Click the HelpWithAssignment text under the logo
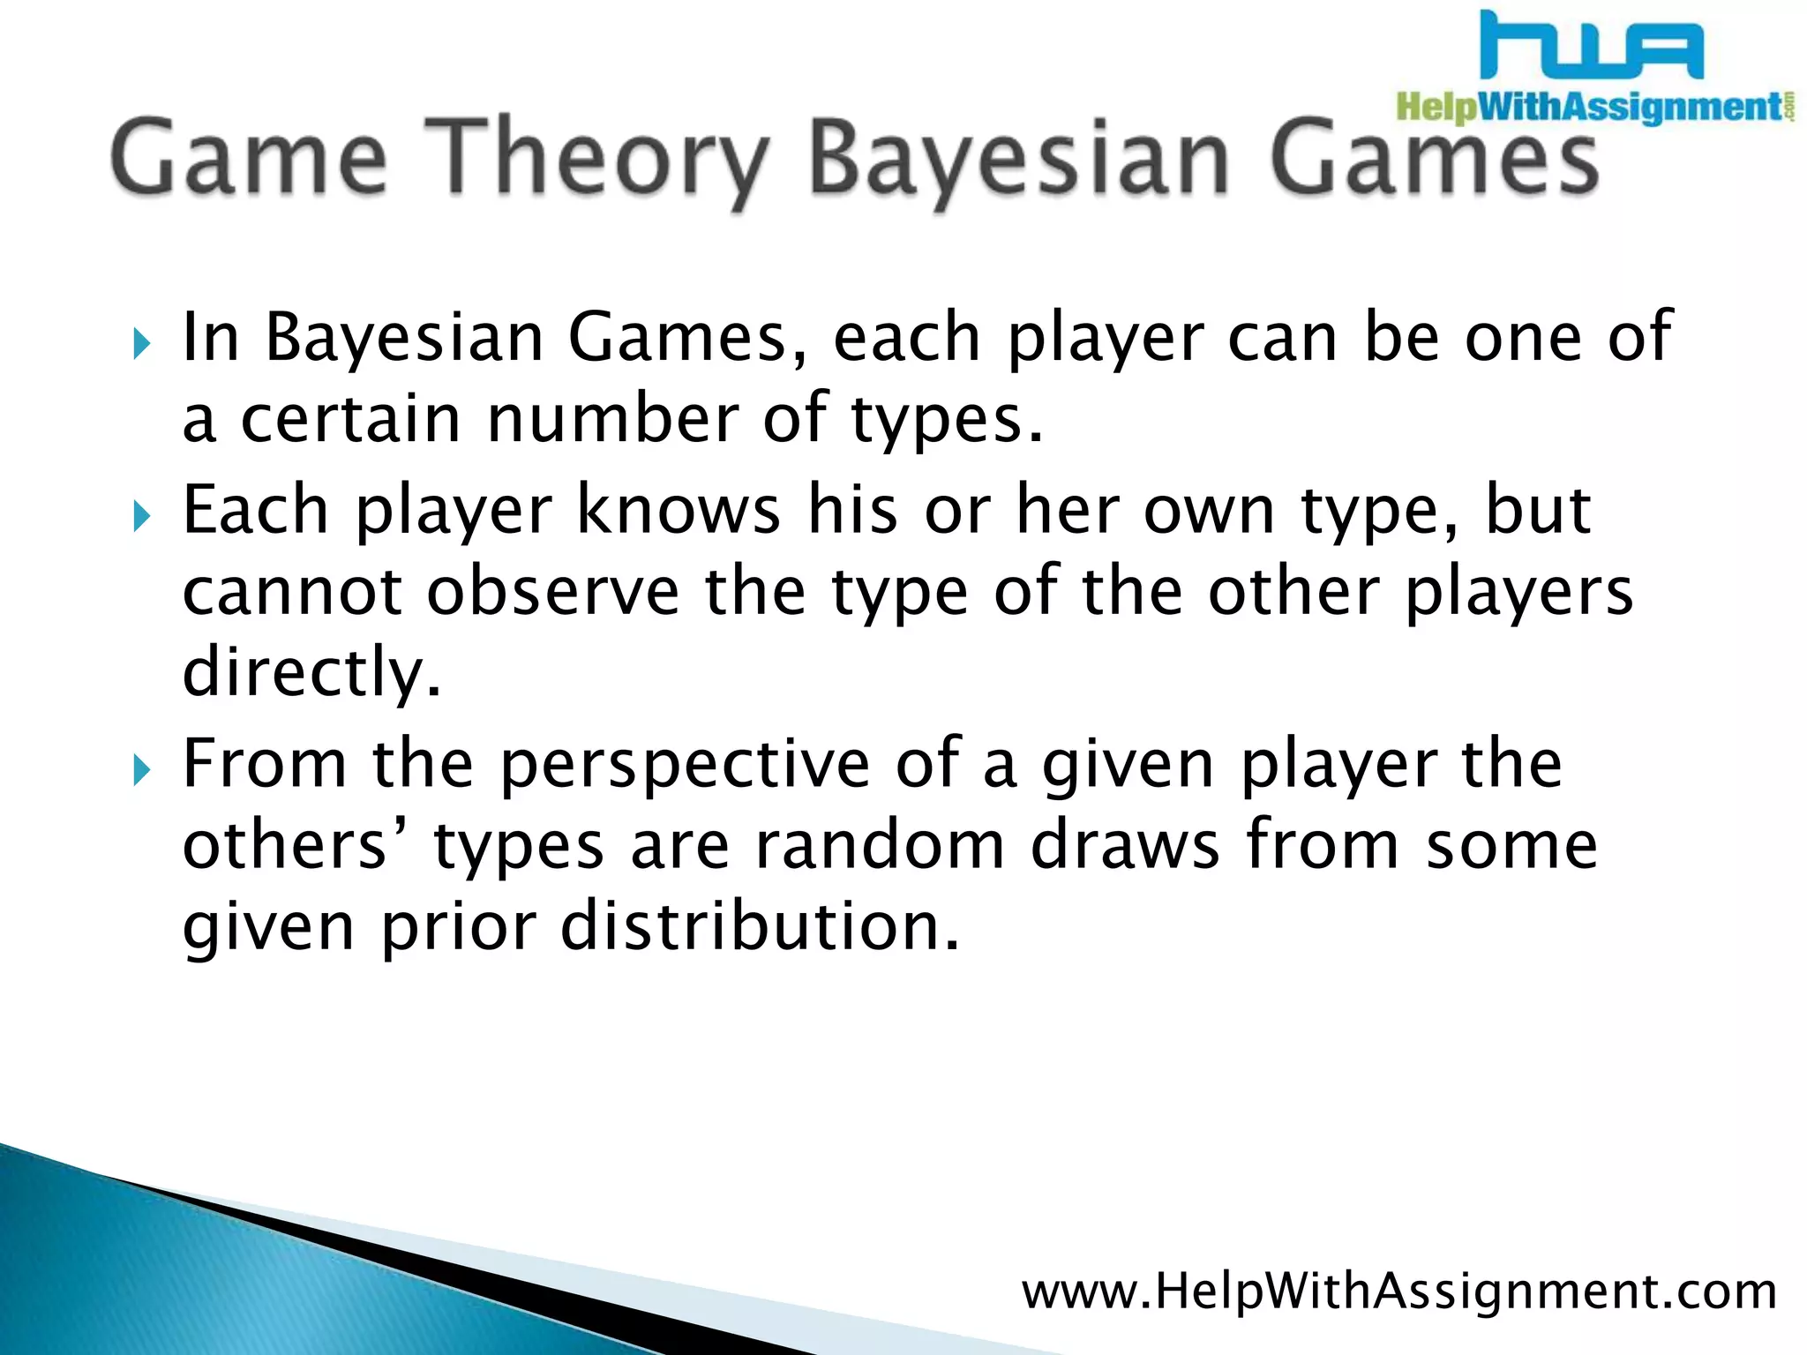(x=1588, y=108)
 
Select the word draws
(x=1125, y=845)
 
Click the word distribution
(x=759, y=926)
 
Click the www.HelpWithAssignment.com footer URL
(x=1398, y=1291)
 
